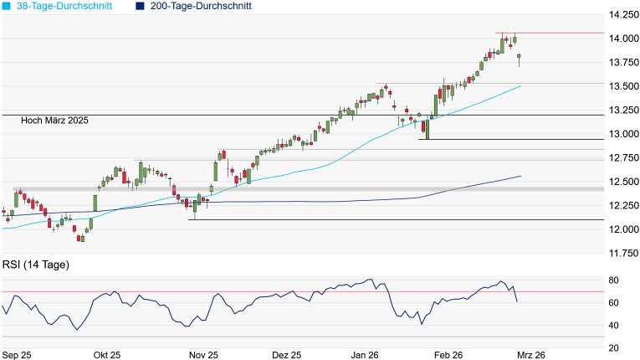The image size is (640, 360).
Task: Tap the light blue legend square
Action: pyautogui.click(x=7, y=6)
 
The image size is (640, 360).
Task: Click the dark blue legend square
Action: pyautogui.click(x=139, y=6)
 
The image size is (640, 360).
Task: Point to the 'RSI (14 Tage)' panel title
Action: pyautogui.click(x=35, y=265)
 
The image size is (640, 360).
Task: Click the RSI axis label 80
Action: pyautogui.click(x=612, y=280)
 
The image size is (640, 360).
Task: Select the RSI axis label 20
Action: pyautogui.click(x=612, y=347)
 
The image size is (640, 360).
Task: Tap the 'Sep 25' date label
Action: pyautogui.click(x=18, y=355)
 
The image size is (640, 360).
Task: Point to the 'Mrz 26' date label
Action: pyautogui.click(x=532, y=355)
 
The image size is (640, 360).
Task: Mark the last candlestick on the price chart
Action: pyautogui.click(x=520, y=58)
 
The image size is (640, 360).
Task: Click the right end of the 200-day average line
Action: pyautogui.click(x=521, y=176)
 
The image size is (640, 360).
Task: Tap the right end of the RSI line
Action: pyautogui.click(x=516, y=301)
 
